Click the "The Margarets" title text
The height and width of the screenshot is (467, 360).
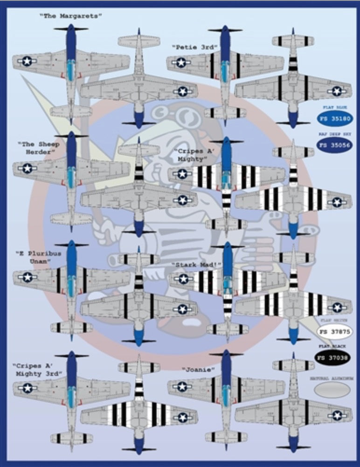coord(71,16)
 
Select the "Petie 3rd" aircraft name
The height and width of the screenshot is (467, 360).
coord(189,47)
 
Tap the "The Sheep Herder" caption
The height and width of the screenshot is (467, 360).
coord(39,148)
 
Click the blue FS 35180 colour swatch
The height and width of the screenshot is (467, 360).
coord(335,118)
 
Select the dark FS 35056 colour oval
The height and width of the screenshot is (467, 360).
coord(335,145)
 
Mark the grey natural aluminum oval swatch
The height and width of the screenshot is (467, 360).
coord(332,390)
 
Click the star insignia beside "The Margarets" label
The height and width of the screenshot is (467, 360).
coord(27,61)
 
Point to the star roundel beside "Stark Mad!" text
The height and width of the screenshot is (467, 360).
coord(183,279)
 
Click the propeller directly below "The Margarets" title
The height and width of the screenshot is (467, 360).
coord(71,29)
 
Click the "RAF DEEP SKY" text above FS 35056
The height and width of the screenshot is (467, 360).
coord(335,134)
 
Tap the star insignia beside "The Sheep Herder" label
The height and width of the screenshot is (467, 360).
coord(27,168)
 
